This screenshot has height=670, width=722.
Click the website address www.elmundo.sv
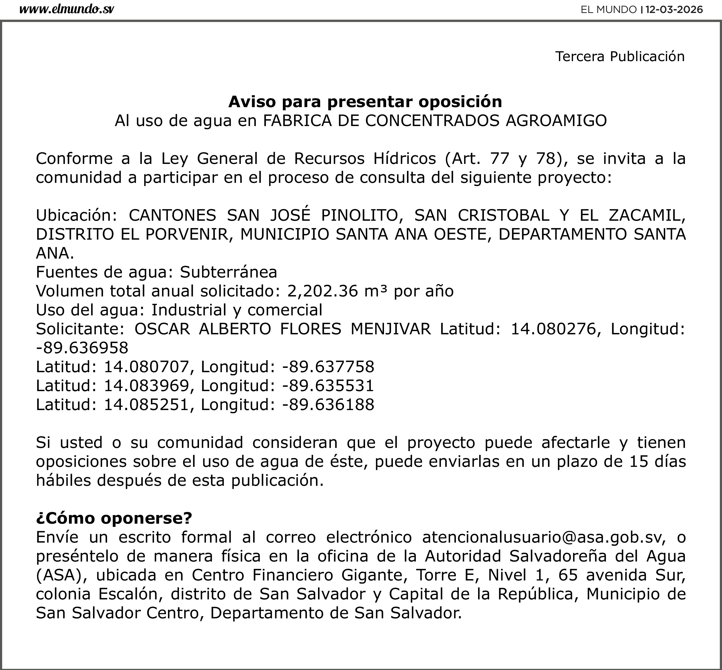point(66,9)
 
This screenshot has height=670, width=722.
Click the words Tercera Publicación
point(620,57)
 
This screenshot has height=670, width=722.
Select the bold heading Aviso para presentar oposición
point(365,102)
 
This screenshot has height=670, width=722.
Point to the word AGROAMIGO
point(556,121)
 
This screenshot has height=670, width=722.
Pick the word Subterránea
point(228,272)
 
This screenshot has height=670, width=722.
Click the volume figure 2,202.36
point(323,291)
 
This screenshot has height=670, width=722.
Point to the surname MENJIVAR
point(390,329)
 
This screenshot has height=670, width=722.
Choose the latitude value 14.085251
point(147,405)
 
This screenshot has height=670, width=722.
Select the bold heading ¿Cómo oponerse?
point(114,518)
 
